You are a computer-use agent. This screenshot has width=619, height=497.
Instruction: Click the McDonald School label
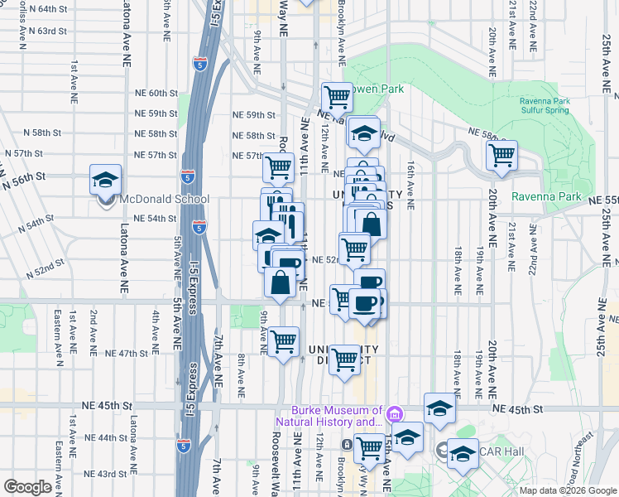[164, 199]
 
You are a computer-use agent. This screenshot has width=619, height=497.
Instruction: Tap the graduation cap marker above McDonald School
[105, 180]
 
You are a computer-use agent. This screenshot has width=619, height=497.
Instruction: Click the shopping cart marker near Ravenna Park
[501, 154]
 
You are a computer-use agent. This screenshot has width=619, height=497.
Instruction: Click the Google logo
[27, 487]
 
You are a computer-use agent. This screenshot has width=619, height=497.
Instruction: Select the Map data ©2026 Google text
[568, 490]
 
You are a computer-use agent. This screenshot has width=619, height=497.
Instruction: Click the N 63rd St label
[46, 31]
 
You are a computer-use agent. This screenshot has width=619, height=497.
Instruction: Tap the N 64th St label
[46, 8]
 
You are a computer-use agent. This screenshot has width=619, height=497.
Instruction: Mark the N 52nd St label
[45, 269]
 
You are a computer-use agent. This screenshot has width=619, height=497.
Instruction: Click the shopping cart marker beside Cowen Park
[337, 98]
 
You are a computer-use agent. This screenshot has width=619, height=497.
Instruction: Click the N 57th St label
[22, 154]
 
